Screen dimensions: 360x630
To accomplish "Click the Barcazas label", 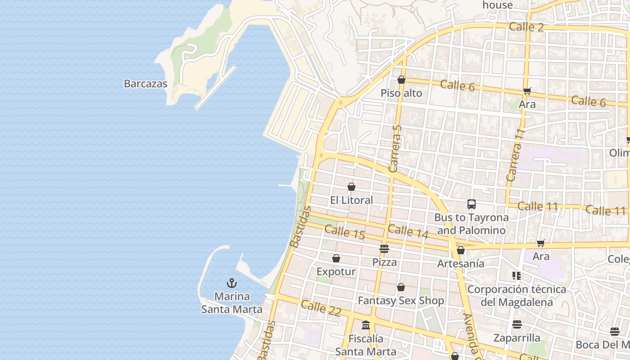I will click(145, 84).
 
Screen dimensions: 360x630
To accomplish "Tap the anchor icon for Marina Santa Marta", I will click(232, 283).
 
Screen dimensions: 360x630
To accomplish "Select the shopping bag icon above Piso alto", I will click(401, 80).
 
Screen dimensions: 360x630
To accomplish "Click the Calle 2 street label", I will click(526, 27).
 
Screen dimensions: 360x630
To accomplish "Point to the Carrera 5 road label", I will click(395, 148).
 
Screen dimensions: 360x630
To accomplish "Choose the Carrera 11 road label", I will click(516, 155).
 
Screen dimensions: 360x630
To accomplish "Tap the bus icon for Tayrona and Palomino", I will click(471, 204).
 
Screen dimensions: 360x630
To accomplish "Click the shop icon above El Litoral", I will click(351, 187).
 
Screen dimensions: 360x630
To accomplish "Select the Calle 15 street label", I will click(344, 232).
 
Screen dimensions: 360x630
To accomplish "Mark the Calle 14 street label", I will click(408, 231).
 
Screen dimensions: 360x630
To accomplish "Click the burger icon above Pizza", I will click(384, 248).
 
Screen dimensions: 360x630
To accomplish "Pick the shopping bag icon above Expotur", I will click(336, 258).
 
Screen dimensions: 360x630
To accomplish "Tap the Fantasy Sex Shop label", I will click(400, 300).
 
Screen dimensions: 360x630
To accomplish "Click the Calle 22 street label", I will click(321, 308).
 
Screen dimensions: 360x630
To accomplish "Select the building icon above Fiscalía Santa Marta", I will click(365, 325).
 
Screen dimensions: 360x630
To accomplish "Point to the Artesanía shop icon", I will click(460, 250).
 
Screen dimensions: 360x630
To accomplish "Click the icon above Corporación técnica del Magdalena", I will click(516, 275).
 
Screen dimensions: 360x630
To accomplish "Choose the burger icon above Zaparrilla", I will click(517, 324).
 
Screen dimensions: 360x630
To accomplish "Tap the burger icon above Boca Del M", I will click(614, 332).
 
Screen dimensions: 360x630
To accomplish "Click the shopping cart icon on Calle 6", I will click(527, 91).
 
